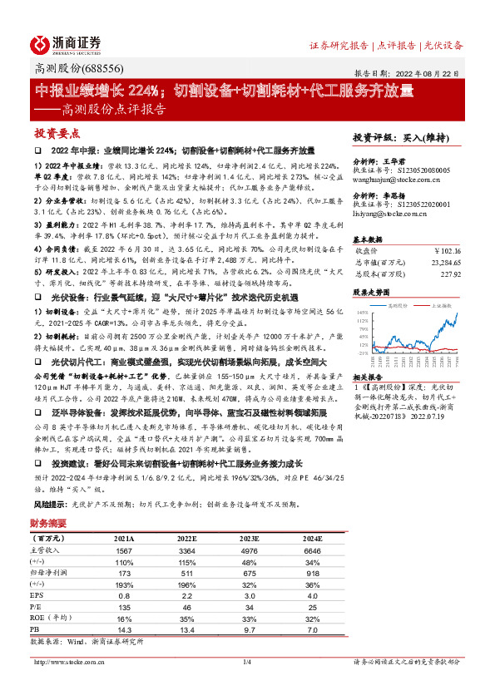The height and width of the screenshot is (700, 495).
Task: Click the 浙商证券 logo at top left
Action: click(x=67, y=44)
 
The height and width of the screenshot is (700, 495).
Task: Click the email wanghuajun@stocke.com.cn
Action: click(x=394, y=176)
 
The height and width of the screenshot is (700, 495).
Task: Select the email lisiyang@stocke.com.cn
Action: click(x=389, y=214)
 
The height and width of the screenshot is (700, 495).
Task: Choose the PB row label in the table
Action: click(x=37, y=630)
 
